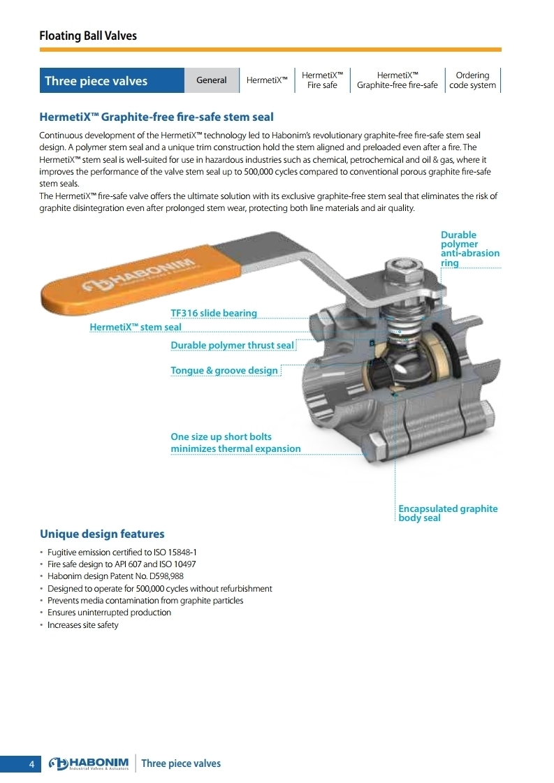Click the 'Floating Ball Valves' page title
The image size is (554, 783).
point(88,36)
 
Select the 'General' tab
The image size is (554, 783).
point(211,80)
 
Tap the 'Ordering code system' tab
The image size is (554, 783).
point(472,80)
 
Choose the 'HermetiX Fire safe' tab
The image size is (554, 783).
point(322,80)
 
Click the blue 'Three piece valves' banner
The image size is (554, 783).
point(112,80)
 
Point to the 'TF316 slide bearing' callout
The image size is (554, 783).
point(214,313)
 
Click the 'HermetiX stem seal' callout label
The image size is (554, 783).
point(136,327)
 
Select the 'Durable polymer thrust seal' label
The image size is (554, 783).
point(233,345)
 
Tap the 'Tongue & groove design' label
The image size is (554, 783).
point(224,370)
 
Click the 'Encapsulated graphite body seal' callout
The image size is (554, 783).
point(448,513)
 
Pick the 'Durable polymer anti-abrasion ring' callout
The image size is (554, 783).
point(469,249)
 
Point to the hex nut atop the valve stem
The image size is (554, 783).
point(404,270)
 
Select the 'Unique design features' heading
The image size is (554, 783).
point(102,534)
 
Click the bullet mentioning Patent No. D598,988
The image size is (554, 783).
point(115,576)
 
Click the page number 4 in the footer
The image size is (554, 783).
point(31,764)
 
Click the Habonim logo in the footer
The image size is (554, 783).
point(89,763)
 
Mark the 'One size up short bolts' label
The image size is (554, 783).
point(221,437)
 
